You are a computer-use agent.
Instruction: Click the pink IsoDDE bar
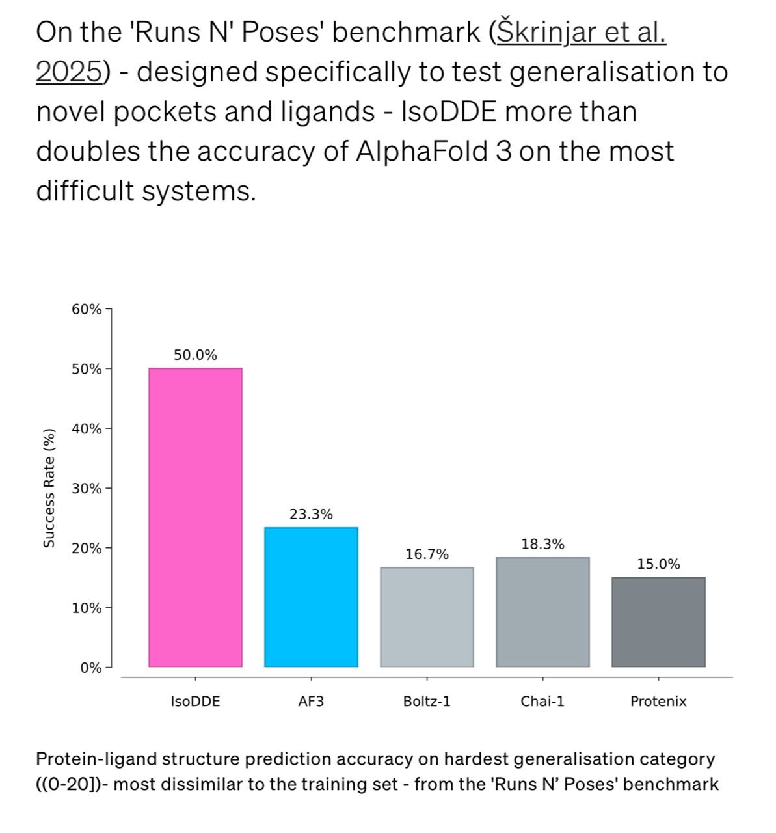point(195,517)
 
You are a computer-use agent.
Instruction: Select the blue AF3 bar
point(311,597)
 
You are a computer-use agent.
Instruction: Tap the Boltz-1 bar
point(427,617)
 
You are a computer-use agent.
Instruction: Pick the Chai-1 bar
point(542,612)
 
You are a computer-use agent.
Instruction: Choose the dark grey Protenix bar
point(658,621)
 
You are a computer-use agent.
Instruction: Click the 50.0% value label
point(195,355)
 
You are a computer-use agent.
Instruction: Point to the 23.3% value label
point(311,514)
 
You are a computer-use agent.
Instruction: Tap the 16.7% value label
point(427,554)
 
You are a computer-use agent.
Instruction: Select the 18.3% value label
point(542,544)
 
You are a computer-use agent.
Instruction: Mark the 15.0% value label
point(658,564)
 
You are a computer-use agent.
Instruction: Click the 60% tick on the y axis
point(87,309)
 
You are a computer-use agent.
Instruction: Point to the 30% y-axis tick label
point(87,488)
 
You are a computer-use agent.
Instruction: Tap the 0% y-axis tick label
point(91,668)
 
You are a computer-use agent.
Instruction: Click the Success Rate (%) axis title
point(49,488)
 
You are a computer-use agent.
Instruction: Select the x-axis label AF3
point(311,702)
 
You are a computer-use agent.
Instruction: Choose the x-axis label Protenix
point(658,702)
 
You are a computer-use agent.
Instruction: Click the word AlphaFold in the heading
point(423,152)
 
